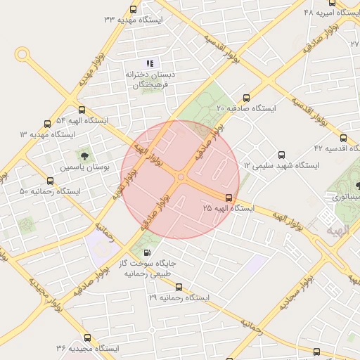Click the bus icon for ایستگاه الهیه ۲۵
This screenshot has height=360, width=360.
point(229,198)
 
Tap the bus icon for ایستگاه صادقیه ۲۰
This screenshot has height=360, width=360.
point(245,98)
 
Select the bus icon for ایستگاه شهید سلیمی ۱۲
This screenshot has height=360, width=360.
point(282,155)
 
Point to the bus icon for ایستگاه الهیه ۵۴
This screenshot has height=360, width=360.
point(82,110)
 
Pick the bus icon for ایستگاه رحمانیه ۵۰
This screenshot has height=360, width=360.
point(49,181)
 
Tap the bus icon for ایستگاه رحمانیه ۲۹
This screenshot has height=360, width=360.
point(179,287)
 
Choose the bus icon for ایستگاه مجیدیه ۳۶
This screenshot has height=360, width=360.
point(87,337)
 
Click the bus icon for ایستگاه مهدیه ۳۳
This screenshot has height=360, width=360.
point(134,9)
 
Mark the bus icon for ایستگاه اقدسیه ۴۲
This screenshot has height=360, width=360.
point(343,138)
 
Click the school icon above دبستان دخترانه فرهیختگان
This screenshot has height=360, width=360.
point(150,64)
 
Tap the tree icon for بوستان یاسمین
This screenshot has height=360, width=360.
point(84,155)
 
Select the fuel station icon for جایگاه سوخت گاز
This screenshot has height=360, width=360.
point(146,252)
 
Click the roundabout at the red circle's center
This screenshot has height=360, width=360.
point(181,178)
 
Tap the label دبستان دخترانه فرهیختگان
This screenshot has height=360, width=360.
point(150,79)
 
